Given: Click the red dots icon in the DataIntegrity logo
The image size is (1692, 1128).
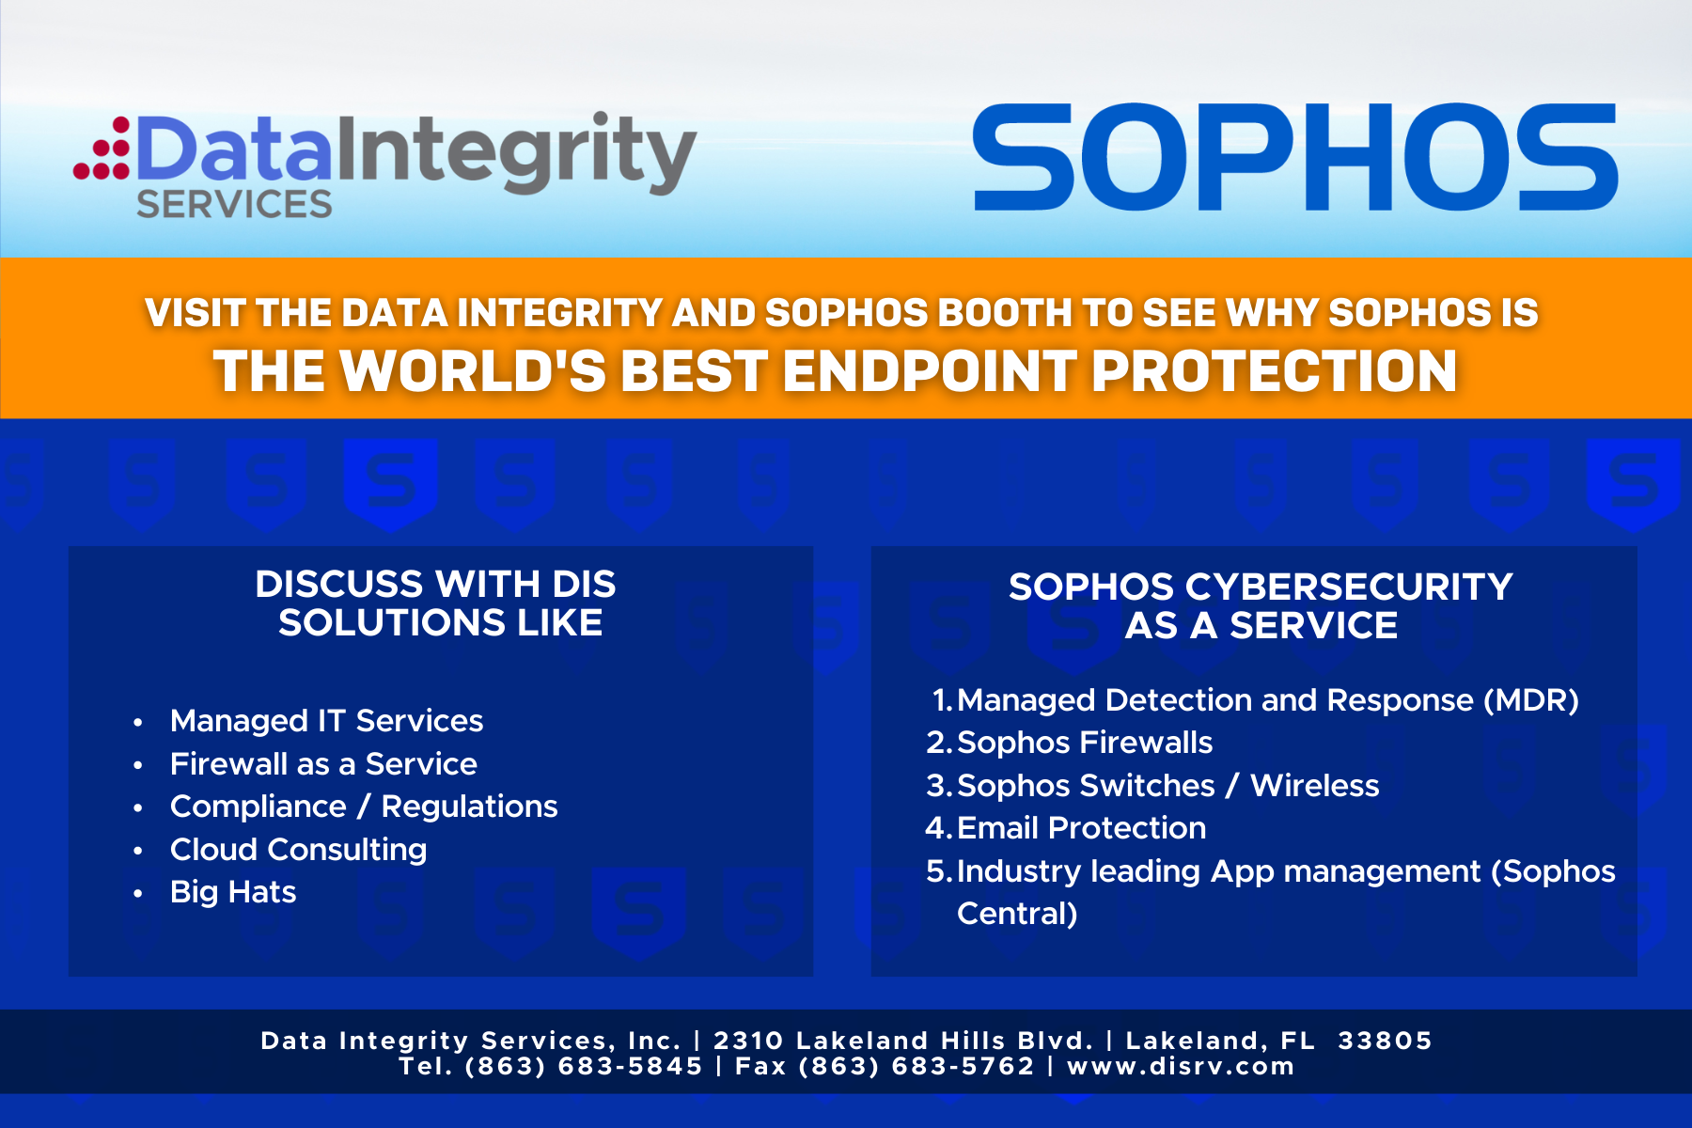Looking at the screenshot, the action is pos(102,149).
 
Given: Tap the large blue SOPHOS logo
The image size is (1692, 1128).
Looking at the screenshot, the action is pos(1294,157).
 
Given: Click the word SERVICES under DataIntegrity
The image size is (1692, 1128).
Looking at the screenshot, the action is pos(234,204).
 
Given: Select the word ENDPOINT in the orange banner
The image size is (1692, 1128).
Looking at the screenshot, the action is pos(930,370).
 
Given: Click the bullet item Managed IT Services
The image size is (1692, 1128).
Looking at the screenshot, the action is pos(326,721).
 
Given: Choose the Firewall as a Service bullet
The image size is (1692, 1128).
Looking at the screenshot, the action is pos(323,764).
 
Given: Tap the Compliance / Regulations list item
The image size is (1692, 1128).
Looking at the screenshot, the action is pos(364,807).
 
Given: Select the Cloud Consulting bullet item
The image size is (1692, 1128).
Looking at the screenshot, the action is pos(298,850).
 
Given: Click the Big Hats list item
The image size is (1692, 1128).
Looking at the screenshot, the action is pos(233,892).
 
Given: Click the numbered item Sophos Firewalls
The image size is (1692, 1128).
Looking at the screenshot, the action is pos(1085,743).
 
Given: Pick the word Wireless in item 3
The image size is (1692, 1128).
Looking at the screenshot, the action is pos(1314,786).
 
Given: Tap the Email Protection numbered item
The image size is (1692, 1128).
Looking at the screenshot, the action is pos(1081,828).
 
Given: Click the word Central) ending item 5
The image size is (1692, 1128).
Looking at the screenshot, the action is pos(1017,914).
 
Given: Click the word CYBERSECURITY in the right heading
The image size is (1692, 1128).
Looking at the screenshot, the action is pos(1349,587).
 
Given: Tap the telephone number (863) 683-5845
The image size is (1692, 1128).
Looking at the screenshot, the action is pos(584,1066).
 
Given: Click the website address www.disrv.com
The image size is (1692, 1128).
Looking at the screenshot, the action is pos(1181,1066).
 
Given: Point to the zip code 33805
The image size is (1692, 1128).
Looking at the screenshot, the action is pos(1385,1041).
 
